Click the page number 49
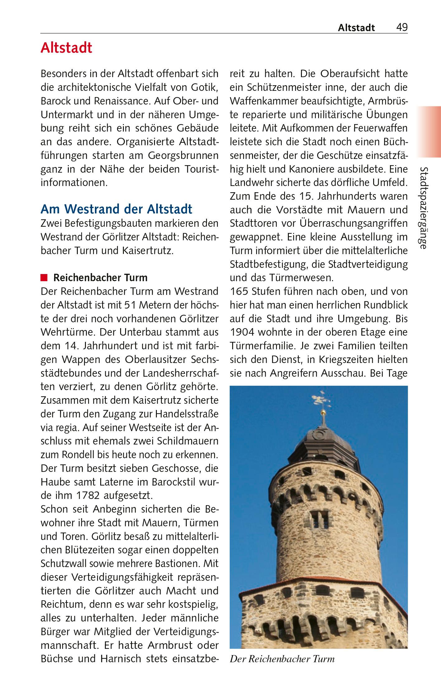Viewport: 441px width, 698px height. pos(402,27)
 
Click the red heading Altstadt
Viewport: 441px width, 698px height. pos(66,48)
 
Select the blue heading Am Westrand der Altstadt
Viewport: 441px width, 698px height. pos(116,209)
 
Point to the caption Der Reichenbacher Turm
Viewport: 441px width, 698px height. pos(282,659)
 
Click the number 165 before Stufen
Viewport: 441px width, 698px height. pos(239,292)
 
